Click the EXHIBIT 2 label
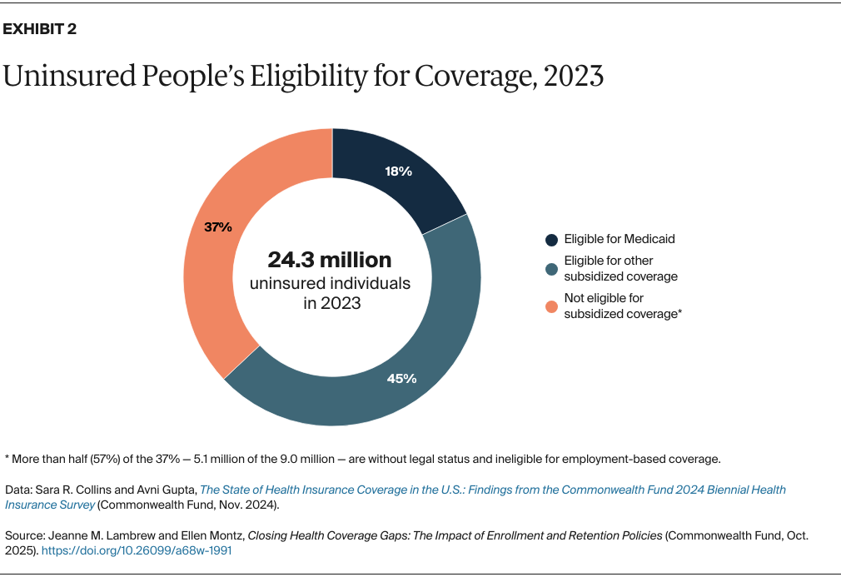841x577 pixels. tap(41, 30)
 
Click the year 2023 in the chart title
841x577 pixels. tap(573, 76)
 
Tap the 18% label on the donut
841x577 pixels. tap(399, 172)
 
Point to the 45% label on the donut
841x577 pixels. tap(401, 379)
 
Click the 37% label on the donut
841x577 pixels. tap(218, 226)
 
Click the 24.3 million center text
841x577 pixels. tap(330, 259)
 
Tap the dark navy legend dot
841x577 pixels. tap(551, 240)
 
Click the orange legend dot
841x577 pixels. tap(551, 306)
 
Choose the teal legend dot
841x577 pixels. tap(551, 269)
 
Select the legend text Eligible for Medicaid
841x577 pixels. tap(619, 239)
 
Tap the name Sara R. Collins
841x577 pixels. tap(71, 490)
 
